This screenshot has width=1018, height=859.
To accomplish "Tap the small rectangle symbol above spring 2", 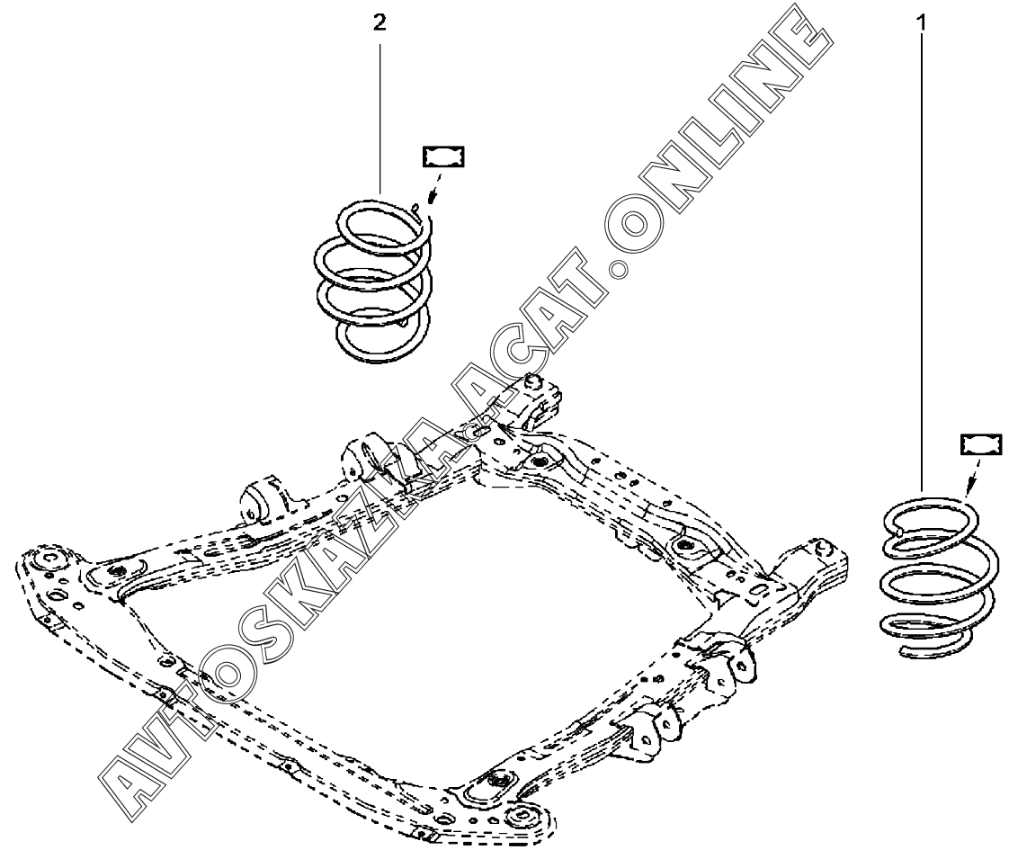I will tap(442, 157).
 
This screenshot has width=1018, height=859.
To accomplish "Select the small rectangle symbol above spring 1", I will tap(980, 443).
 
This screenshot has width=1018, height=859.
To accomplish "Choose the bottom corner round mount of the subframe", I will tap(522, 816).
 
